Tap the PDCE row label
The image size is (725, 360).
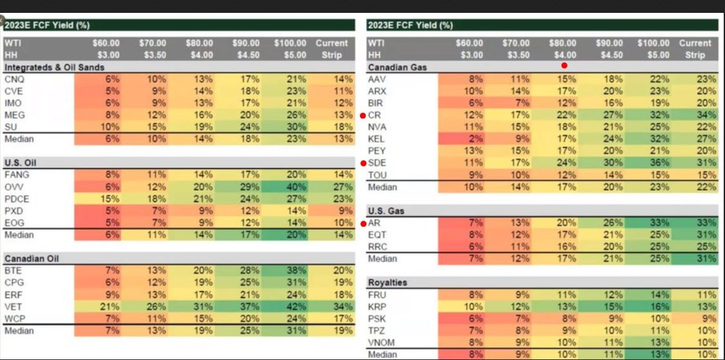pyautogui.click(x=16, y=199)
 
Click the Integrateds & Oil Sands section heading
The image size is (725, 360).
pyautogui.click(x=54, y=67)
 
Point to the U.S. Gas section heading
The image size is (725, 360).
pyautogui.click(x=386, y=211)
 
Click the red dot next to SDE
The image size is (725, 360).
pyautogui.click(x=364, y=164)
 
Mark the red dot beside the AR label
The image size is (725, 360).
pyautogui.click(x=364, y=223)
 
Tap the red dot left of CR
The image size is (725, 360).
pyautogui.click(x=364, y=115)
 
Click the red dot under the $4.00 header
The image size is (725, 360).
pyautogui.click(x=565, y=65)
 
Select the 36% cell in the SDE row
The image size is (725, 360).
pyautogui.click(x=660, y=163)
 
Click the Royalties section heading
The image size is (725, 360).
pyautogui.click(x=388, y=283)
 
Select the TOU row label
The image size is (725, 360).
pyautogui.click(x=377, y=175)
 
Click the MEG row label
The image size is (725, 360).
pyautogui.click(x=14, y=115)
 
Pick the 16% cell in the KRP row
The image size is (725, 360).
pyautogui.click(x=660, y=307)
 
